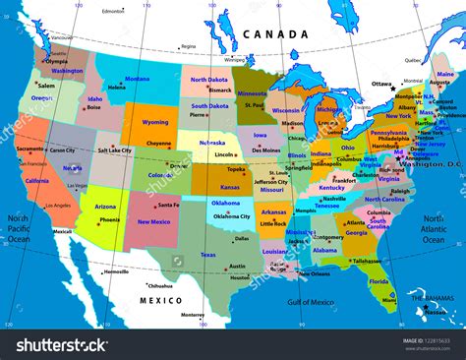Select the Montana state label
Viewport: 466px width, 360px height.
pyautogui.click(x=138, y=79)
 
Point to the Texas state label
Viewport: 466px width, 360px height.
pyautogui.click(x=207, y=255)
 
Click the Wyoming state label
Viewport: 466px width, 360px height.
pyautogui.click(x=155, y=123)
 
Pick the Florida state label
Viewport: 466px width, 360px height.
pyautogui.click(x=379, y=281)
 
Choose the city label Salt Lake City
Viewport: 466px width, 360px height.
pyautogui.click(x=115, y=150)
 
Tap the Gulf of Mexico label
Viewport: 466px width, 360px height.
pyautogui.click(x=310, y=303)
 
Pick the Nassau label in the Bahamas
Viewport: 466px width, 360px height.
pyautogui.click(x=434, y=310)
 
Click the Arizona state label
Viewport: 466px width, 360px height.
pyautogui.click(x=105, y=207)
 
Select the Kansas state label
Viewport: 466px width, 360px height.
pyautogui.click(x=230, y=186)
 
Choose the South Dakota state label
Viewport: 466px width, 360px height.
pyautogui.click(x=211, y=105)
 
